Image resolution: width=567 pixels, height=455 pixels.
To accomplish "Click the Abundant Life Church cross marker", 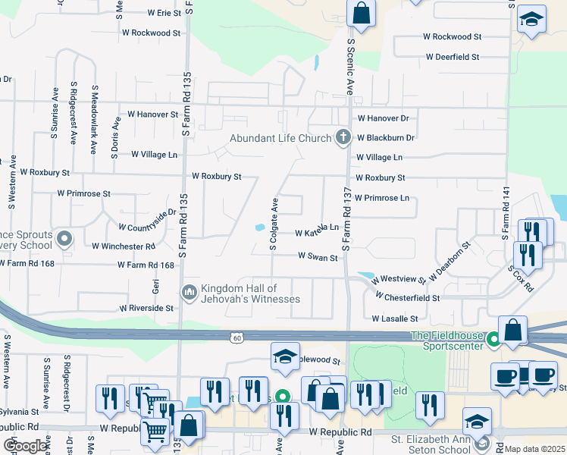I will click(343, 137).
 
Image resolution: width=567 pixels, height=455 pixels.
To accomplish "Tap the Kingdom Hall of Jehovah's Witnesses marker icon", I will click(190, 291).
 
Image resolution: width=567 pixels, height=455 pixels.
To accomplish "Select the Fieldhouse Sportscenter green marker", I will click(494, 339).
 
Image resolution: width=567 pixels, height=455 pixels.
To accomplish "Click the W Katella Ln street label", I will click(316, 228).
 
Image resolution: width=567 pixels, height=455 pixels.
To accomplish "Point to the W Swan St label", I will click(318, 258).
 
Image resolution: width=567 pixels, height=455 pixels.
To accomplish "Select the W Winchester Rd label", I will click(124, 246).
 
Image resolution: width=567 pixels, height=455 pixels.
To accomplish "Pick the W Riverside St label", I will click(147, 309).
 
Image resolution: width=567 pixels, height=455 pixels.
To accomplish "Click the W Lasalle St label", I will click(395, 319).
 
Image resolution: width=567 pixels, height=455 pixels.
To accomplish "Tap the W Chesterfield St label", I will click(407, 298).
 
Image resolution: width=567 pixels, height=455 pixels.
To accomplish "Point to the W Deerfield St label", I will click(453, 57).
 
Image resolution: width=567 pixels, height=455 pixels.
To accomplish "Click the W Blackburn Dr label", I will click(386, 138).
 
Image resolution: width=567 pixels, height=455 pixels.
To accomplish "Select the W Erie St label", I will click(152, 13).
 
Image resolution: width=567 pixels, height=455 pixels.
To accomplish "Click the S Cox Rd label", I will click(521, 278).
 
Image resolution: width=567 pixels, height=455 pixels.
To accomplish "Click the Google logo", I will click(26, 445).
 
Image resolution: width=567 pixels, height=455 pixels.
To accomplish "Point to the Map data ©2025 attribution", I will click(535, 449).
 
